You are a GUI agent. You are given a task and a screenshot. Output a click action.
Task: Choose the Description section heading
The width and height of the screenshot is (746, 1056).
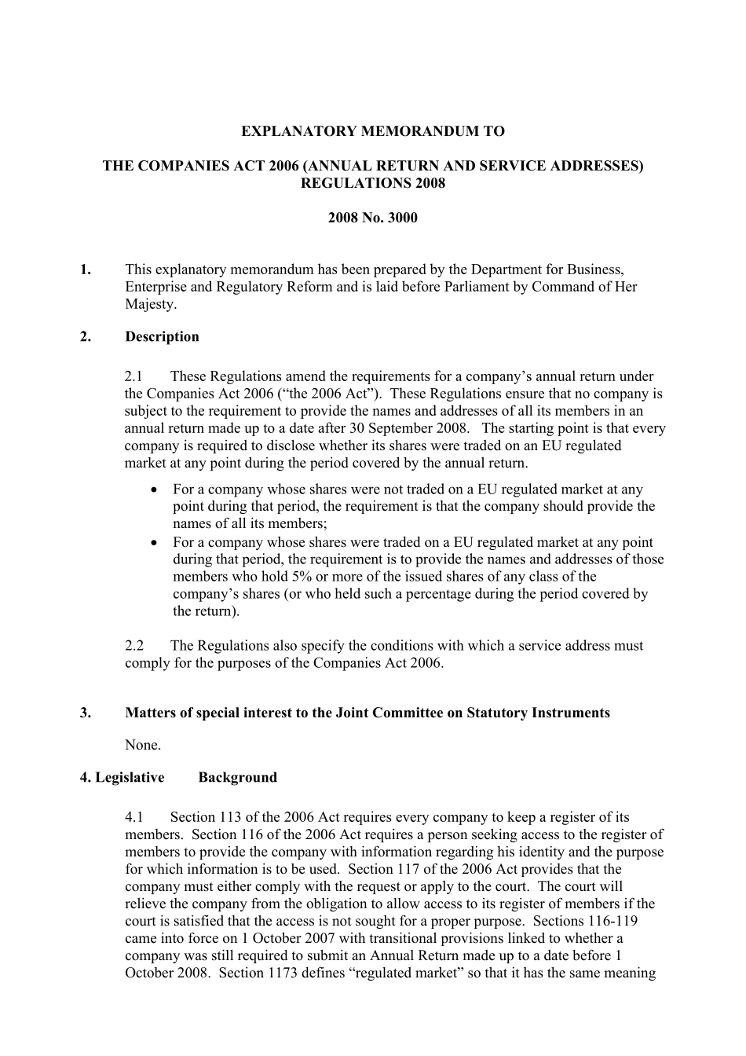click(x=162, y=336)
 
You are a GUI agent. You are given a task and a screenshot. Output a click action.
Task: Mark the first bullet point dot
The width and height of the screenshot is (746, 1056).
click(x=155, y=489)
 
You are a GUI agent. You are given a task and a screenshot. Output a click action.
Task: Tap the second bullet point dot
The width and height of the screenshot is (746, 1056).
click(x=155, y=542)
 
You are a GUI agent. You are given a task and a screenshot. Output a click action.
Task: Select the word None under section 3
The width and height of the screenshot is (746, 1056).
click(x=142, y=745)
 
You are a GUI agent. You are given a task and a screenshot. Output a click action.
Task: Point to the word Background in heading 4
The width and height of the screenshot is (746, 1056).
click(x=237, y=777)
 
